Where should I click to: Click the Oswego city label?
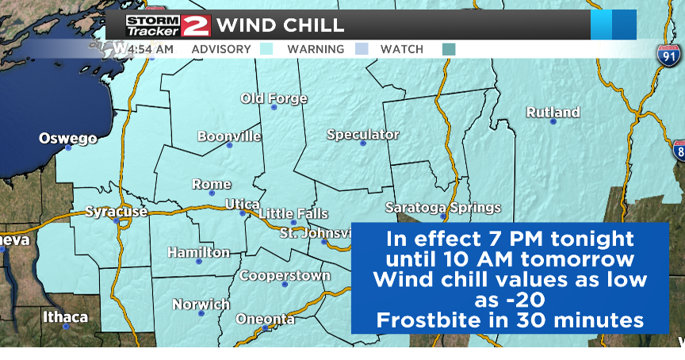click(x=68, y=139)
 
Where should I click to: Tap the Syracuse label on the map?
click(x=117, y=212)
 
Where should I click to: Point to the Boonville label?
click(x=229, y=136)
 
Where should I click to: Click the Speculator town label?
click(x=363, y=135)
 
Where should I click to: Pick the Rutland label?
click(x=553, y=113)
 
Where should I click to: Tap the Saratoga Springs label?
click(x=443, y=208)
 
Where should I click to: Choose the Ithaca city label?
click(x=66, y=317)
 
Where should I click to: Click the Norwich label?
click(x=201, y=304)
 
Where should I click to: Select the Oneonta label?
click(x=265, y=319)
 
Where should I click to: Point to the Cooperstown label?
click(x=285, y=276)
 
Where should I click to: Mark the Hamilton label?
click(x=198, y=253)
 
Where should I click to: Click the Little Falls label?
click(x=293, y=214)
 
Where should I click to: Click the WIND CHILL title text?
click(x=281, y=25)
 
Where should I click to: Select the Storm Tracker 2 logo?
click(x=168, y=25)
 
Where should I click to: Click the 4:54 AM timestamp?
click(x=151, y=49)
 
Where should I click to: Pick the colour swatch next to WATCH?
click(x=449, y=49)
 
